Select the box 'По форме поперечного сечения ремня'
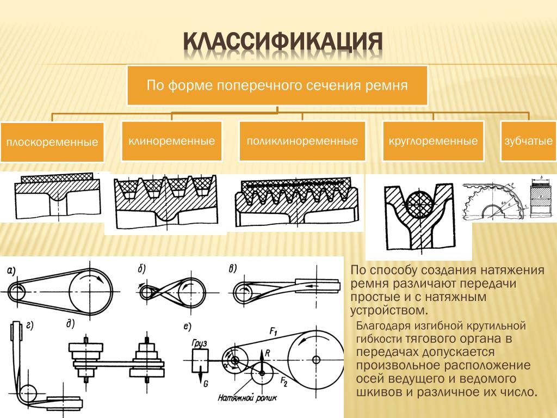(277, 85)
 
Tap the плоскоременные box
(52, 143)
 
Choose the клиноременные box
(171, 141)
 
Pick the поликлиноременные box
(302, 141)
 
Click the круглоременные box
(433, 141)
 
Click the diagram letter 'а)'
(11, 271)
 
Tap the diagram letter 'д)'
(69, 324)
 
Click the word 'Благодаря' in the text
(381, 326)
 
